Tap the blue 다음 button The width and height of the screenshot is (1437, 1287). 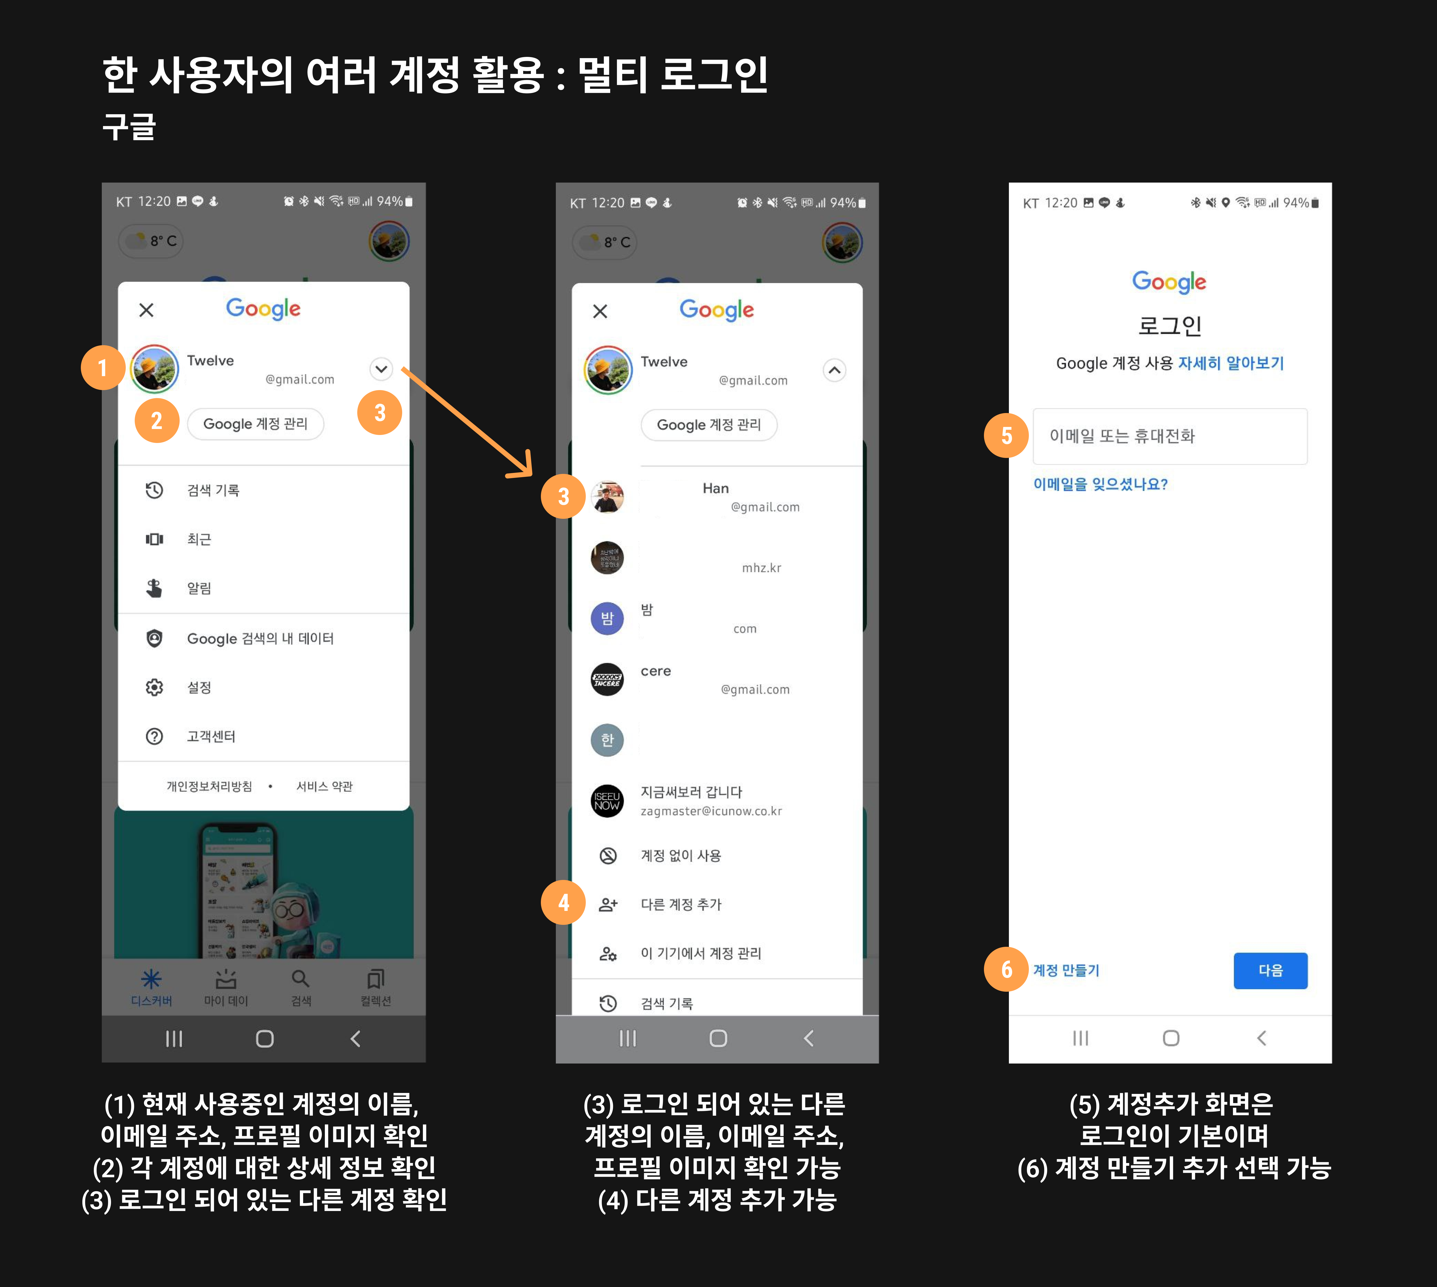click(1270, 970)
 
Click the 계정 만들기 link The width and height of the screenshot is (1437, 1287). click(1066, 970)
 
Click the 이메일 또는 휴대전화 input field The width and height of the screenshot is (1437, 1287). click(1170, 436)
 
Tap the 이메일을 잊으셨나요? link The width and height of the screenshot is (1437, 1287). click(1100, 484)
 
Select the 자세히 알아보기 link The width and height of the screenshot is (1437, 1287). click(1230, 363)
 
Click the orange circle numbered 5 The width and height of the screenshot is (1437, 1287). click(1006, 435)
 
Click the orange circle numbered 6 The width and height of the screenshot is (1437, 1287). click(1006, 969)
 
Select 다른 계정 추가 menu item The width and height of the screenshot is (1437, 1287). click(681, 904)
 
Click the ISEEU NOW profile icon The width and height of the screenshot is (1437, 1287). click(607, 801)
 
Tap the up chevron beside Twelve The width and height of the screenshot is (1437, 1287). click(835, 370)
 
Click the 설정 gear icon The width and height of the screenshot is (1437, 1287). click(154, 687)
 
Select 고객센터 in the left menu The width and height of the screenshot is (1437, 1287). click(211, 736)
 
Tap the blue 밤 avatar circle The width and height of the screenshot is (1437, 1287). click(607, 619)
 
